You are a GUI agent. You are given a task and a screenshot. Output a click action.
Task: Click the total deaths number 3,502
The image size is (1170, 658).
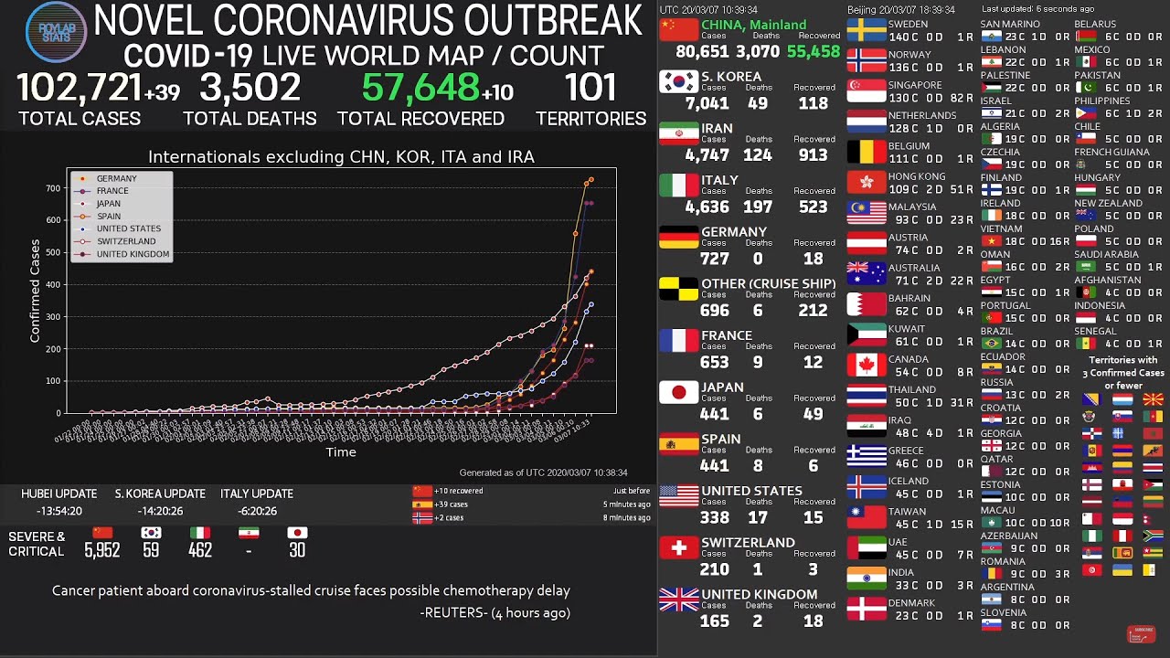[250, 89]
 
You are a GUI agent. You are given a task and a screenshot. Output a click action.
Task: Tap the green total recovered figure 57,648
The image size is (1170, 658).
[420, 89]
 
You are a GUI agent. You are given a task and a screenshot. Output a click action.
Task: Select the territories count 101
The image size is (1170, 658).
[590, 89]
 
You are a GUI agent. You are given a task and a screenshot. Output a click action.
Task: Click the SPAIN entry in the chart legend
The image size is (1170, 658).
[108, 217]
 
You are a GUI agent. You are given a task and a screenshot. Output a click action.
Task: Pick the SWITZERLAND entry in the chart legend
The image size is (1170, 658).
[125, 241]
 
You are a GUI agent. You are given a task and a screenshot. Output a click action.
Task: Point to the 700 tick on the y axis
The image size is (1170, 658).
[53, 188]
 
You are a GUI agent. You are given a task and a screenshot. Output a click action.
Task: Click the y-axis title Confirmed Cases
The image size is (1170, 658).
[36, 291]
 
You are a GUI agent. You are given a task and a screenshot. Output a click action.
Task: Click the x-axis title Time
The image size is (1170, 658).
[341, 451]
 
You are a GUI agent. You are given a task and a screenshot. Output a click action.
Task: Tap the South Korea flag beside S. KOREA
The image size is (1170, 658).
[678, 82]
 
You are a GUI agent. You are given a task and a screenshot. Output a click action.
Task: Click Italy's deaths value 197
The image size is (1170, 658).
[758, 207]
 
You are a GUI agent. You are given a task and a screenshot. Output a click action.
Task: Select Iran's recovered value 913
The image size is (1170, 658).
[813, 155]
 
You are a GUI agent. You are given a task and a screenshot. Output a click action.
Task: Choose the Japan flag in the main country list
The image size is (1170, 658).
[678, 393]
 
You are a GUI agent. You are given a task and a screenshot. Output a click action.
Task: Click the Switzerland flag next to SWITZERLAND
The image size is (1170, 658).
[678, 548]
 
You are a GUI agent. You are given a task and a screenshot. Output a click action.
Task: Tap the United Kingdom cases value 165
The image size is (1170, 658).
[714, 621]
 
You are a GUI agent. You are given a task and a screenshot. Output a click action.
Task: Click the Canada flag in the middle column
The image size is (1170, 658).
[866, 366]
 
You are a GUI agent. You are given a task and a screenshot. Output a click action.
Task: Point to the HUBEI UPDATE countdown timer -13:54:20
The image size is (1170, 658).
[59, 511]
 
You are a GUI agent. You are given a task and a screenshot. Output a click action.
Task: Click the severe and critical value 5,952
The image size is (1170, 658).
[101, 550]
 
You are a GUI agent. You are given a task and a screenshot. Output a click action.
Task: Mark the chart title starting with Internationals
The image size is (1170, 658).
[341, 157]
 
